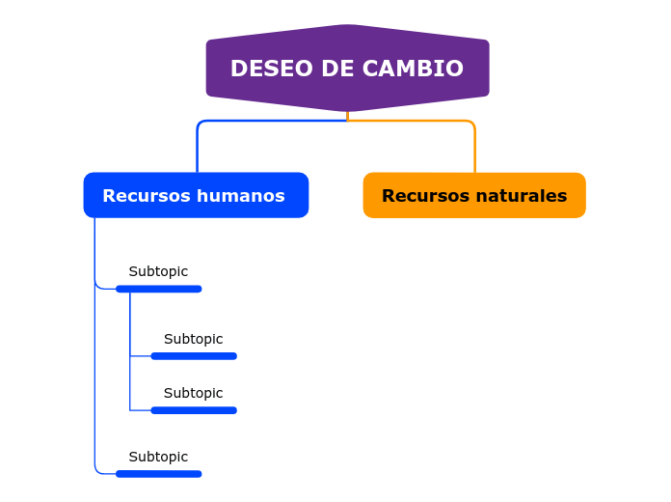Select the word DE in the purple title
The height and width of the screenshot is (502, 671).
pyautogui.click(x=337, y=70)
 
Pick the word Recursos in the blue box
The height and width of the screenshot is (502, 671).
pyautogui.click(x=145, y=196)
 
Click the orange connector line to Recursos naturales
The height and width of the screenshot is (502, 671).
pyautogui.click(x=474, y=145)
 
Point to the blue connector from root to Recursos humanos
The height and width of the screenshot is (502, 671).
pyautogui.click(x=198, y=145)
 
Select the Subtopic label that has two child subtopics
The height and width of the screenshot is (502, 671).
pyautogui.click(x=158, y=272)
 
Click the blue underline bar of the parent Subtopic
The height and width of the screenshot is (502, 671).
pyautogui.click(x=158, y=289)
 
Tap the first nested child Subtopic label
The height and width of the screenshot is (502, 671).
pyautogui.click(x=193, y=340)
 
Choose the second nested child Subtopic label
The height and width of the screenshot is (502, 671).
pyautogui.click(x=193, y=394)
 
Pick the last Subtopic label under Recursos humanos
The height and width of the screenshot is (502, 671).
pyautogui.click(x=158, y=458)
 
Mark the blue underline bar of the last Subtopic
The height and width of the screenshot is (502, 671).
pyautogui.click(x=158, y=474)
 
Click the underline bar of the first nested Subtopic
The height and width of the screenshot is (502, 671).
pyautogui.click(x=193, y=356)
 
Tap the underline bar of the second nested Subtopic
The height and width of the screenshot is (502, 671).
pyautogui.click(x=193, y=410)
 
